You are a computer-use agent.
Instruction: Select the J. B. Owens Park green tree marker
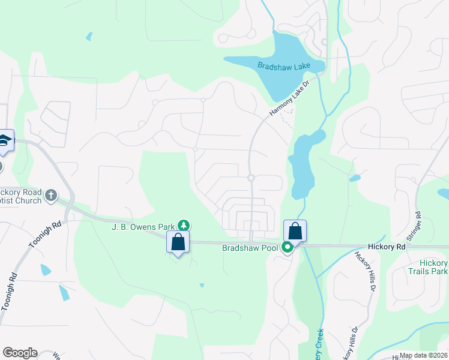pyautogui.click(x=184, y=226)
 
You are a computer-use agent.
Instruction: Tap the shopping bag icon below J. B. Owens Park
pyautogui.click(x=178, y=242)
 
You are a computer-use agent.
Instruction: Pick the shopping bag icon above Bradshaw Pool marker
pyautogui.click(x=295, y=231)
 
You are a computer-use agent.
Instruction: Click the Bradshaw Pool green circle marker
pyautogui.click(x=288, y=247)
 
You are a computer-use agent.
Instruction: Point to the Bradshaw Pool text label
pyautogui.click(x=250, y=247)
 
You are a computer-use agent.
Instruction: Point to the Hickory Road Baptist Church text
pyautogui.click(x=21, y=196)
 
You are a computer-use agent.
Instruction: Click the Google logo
pyautogui.click(x=20, y=353)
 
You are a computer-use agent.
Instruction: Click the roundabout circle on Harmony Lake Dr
pyautogui.click(x=251, y=178)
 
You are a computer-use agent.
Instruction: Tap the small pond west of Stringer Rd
pyautogui.click(x=355, y=178)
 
